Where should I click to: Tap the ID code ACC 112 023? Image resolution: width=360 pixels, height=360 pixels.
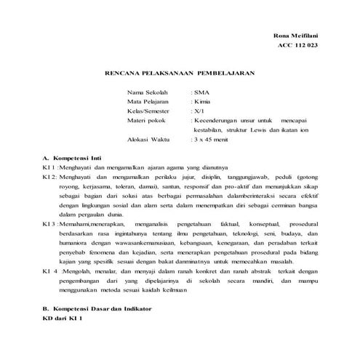[299, 47]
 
